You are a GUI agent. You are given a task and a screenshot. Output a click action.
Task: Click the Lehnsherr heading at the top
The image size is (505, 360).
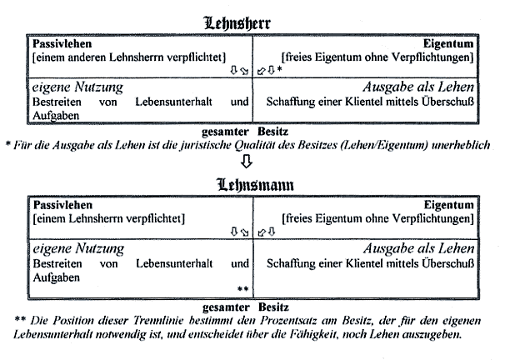tap(237, 23)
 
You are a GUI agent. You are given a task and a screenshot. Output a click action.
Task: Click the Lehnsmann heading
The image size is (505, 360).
tap(255, 185)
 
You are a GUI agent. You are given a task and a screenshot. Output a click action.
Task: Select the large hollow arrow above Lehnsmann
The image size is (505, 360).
tap(247, 162)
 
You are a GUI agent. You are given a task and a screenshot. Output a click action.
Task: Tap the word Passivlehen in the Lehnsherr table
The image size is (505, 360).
tap(62, 43)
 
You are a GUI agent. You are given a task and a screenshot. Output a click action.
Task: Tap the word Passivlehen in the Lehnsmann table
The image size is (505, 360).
tap(62, 205)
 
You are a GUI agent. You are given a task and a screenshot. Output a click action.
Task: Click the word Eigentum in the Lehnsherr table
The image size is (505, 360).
tap(448, 44)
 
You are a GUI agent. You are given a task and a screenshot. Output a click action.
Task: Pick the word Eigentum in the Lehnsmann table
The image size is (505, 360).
tap(449, 206)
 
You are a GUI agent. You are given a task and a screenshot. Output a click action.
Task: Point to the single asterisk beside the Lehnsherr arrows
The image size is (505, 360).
tap(279, 69)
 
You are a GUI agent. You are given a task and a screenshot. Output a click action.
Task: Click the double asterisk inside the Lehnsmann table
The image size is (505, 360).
tap(242, 289)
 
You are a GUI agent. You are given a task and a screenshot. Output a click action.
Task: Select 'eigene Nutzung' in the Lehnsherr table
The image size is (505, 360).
tap(77, 87)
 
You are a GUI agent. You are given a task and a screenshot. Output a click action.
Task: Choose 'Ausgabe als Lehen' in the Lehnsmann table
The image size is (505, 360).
tap(419, 248)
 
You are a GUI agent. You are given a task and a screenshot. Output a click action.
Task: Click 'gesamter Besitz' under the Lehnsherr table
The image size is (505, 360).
tap(245, 132)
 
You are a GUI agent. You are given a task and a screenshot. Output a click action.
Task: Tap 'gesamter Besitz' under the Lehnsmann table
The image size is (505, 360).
tap(245, 307)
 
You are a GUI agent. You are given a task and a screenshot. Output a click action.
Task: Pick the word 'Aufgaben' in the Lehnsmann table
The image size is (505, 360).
tap(57, 277)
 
